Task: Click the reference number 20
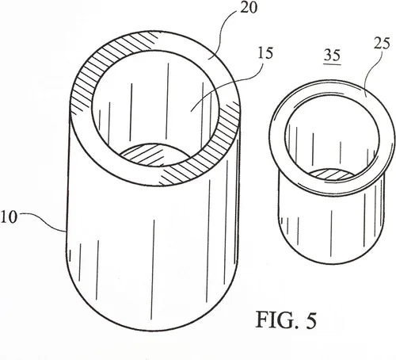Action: [x=248, y=8]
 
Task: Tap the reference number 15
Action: [x=265, y=53]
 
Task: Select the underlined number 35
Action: [x=332, y=55]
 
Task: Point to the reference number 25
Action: [x=382, y=44]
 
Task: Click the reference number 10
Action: [x=9, y=217]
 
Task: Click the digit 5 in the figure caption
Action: [x=311, y=320]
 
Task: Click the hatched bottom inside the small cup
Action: [x=331, y=174]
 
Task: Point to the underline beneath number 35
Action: [x=332, y=63]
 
